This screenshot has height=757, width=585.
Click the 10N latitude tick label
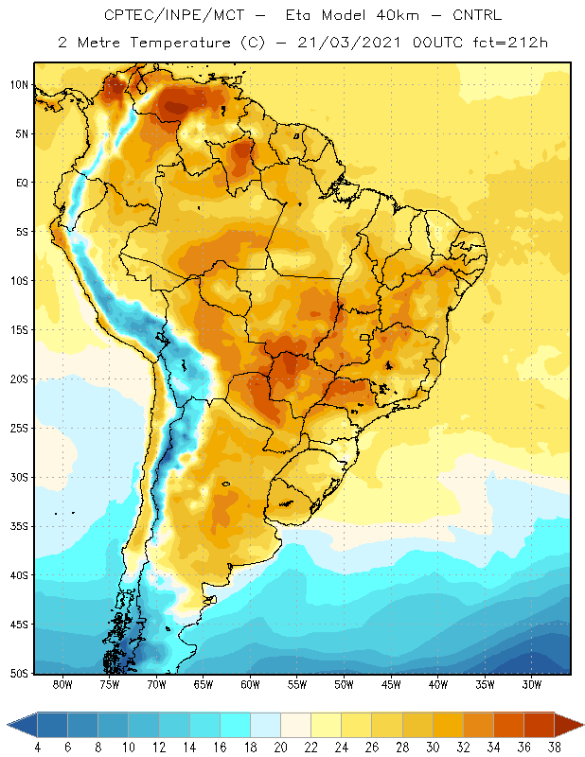(19, 85)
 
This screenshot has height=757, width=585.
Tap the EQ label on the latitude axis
(23, 183)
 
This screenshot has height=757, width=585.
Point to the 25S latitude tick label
(19, 429)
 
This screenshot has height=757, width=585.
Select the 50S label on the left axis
(19, 673)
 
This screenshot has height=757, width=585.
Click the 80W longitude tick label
(62, 684)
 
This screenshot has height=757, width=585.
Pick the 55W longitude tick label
(297, 684)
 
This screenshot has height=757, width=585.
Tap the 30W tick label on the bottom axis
(532, 684)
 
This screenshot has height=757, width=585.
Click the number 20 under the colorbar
(280, 748)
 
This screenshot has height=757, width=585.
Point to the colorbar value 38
(554, 748)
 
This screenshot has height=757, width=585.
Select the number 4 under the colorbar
(38, 748)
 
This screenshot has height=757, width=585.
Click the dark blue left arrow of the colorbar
(22, 725)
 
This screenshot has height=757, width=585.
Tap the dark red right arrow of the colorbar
(569, 725)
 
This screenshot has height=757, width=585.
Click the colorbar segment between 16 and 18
(236, 725)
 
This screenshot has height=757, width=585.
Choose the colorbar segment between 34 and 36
(508, 725)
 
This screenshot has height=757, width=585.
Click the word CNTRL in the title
(477, 15)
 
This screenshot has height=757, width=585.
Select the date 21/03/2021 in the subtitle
(348, 43)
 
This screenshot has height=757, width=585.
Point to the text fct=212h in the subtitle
(510, 43)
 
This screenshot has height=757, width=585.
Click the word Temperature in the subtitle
(180, 43)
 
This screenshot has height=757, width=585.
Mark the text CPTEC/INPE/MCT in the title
(174, 15)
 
